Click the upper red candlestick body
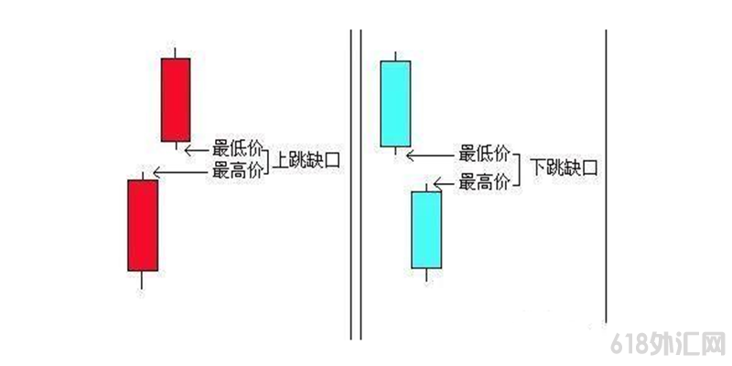click(x=176, y=100)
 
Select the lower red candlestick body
click(x=142, y=225)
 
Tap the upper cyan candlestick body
click(x=394, y=103)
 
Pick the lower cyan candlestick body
click(x=426, y=229)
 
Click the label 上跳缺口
click(x=307, y=162)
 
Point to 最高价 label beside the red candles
click(x=237, y=170)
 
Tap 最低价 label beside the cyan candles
click(x=485, y=153)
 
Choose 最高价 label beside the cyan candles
click(x=485, y=183)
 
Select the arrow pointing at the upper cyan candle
click(x=430, y=154)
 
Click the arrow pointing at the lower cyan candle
click(x=447, y=184)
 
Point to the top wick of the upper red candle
click(x=175, y=50)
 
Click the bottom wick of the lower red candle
click(x=142, y=280)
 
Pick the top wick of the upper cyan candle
click(x=394, y=55)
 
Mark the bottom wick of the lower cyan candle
click(x=426, y=275)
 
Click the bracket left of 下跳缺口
click(x=522, y=168)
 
